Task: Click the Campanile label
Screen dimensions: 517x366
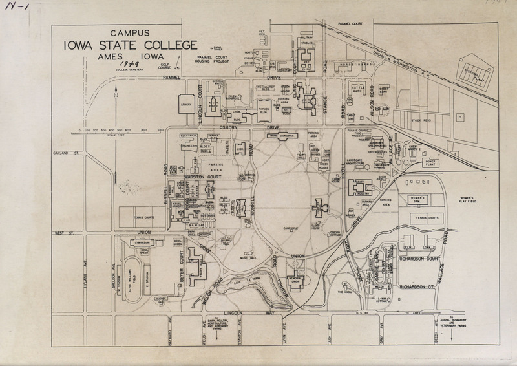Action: tap(293, 229)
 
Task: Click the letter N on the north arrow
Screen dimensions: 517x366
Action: tap(114, 96)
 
